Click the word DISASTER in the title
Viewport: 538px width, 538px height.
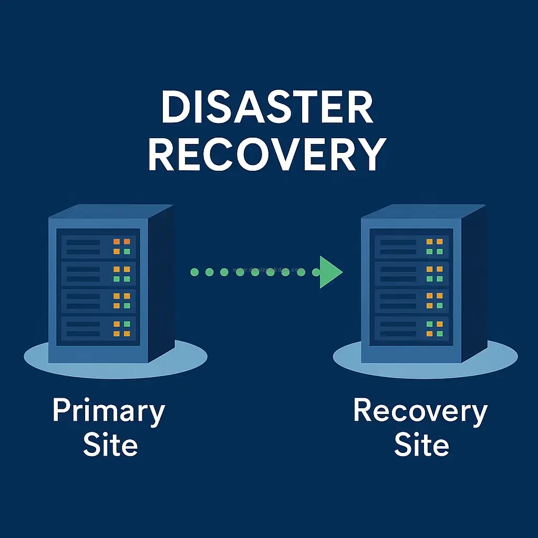coord(268,107)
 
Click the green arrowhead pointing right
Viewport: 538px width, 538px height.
coord(330,272)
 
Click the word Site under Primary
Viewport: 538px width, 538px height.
coord(110,445)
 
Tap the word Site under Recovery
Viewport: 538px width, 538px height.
coord(421,445)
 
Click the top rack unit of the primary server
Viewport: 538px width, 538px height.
coord(98,246)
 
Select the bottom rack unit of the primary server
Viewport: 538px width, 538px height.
coord(98,328)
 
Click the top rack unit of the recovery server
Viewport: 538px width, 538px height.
coord(411,246)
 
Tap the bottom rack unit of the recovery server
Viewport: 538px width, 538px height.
coord(411,328)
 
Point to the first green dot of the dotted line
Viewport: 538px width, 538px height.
coord(194,272)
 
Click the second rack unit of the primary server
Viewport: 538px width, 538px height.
coord(98,274)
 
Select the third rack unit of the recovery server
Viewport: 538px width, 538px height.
coord(411,301)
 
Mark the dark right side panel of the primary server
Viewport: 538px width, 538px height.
coord(160,284)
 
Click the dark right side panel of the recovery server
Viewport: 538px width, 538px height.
coord(473,284)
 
